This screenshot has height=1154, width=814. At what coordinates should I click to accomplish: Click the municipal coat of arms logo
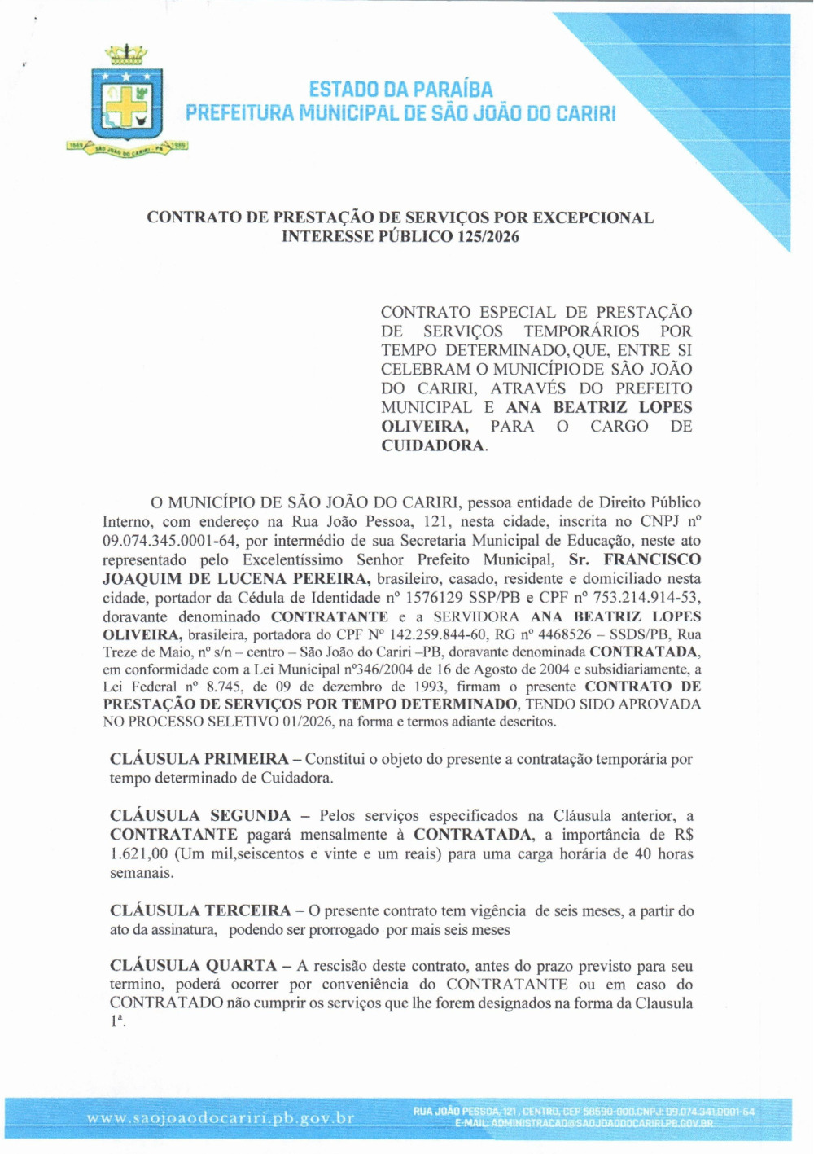(x=127, y=102)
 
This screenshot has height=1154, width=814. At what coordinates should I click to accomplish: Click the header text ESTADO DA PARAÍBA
(x=400, y=90)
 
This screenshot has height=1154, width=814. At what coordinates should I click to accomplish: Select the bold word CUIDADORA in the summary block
(x=432, y=445)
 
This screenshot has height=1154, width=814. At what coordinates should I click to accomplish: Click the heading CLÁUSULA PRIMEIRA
(x=199, y=759)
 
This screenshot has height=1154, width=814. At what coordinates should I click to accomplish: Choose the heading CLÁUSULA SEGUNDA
(x=199, y=816)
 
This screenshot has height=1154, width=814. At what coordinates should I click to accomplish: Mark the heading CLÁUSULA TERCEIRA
(x=200, y=910)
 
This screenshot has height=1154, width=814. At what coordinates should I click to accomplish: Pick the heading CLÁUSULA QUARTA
(x=194, y=966)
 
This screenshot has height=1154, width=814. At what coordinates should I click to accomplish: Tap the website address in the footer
(x=221, y=1118)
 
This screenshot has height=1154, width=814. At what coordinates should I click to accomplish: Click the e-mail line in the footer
(x=584, y=1124)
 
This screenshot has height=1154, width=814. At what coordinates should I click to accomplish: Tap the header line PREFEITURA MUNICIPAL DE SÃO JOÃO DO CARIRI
(x=400, y=113)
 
